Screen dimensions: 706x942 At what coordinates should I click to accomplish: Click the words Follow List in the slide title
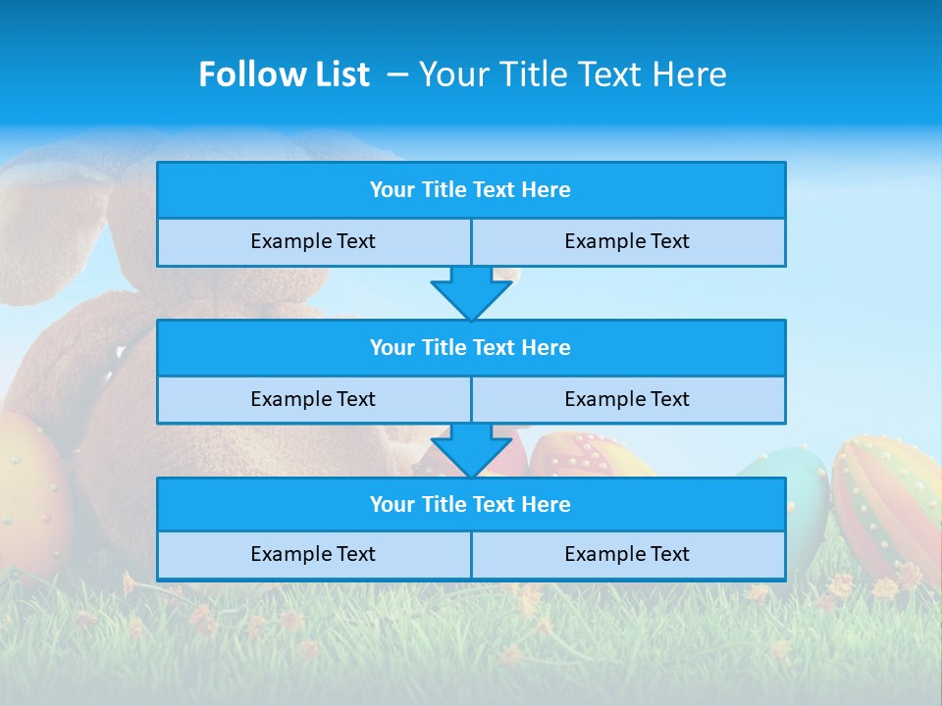coord(285,75)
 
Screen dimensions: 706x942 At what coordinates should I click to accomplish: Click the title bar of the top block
coord(470,190)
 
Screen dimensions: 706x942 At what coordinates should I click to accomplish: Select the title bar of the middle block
coord(470,348)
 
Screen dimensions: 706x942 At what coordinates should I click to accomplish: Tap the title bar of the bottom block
coord(470,505)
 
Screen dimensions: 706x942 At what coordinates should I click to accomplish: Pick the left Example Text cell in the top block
coord(313,242)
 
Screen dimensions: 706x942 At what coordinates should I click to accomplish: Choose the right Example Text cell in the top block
coord(627,242)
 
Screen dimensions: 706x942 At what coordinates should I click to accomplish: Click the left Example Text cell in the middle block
coord(313,400)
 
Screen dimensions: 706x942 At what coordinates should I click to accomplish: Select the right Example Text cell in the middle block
coord(627,400)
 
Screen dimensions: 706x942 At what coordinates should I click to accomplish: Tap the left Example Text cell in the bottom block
coord(313,555)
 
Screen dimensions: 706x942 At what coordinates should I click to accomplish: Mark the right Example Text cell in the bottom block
coord(627,555)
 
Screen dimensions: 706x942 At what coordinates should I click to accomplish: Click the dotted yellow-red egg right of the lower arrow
coord(589,455)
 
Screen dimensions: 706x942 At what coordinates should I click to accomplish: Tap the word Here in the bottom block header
coord(547,505)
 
